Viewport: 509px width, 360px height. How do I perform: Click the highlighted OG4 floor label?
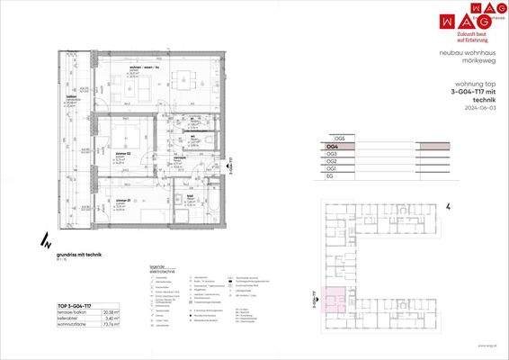(x=333, y=146)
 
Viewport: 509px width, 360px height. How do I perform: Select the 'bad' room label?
(x=190, y=195)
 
